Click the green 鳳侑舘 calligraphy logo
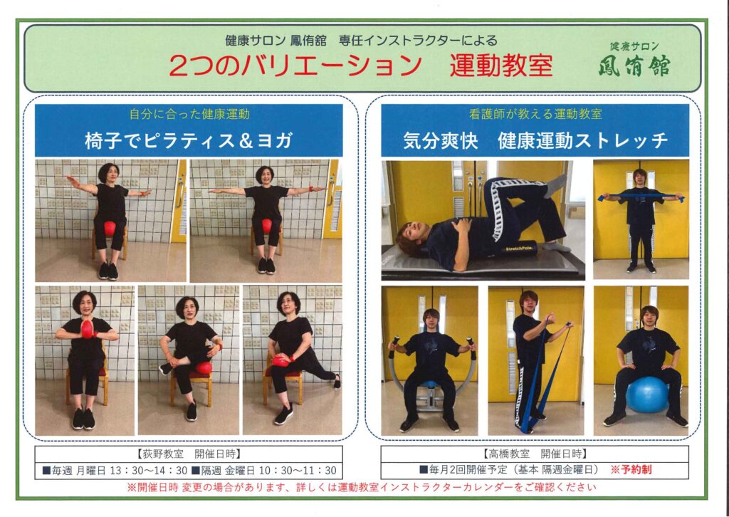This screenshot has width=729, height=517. (634, 66)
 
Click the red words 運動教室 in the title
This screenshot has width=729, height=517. (501, 66)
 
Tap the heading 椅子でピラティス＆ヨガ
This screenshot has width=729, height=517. (189, 140)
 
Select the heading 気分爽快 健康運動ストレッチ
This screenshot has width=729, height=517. (535, 140)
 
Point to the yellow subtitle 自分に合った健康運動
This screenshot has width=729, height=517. (189, 115)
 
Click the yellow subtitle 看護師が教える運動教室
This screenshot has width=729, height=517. (535, 114)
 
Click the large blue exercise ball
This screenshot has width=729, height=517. (646, 395)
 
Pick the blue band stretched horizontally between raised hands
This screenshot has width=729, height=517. (641, 197)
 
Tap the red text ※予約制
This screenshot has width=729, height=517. (631, 469)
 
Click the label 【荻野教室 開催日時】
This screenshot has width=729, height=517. (189, 454)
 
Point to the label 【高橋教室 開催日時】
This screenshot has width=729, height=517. (535, 453)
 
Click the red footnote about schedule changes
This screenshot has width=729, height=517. (361, 487)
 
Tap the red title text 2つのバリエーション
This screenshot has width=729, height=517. (295, 66)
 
